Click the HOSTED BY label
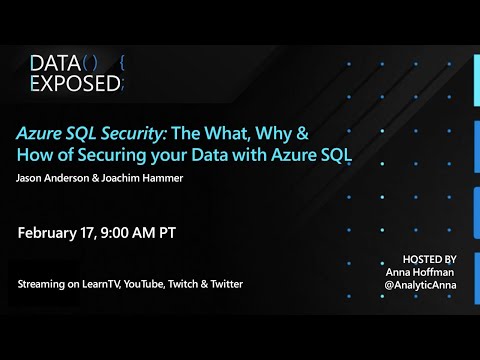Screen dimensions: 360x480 click(428, 257)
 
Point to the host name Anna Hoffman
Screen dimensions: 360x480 click(421, 271)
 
